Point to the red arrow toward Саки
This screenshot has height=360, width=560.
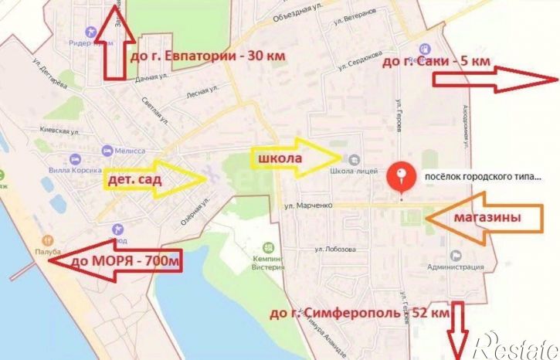tap(494, 79)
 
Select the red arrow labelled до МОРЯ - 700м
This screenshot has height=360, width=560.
tap(116, 263)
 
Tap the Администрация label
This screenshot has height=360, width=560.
tap(453, 267)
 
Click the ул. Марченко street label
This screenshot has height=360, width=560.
tap(307, 205)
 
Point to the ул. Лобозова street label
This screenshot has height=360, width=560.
tap(334, 249)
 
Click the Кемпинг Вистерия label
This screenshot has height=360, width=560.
tap(268, 263)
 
